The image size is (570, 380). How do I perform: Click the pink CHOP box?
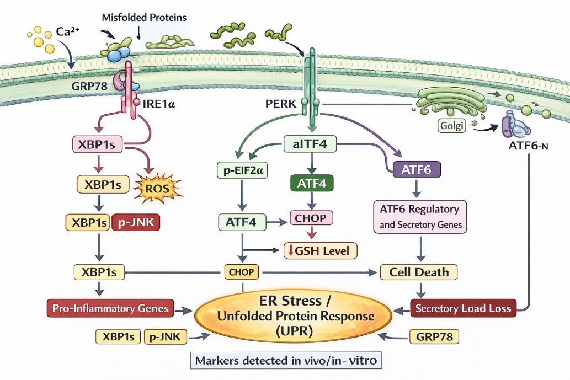(x=311, y=217)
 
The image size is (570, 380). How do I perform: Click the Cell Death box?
(x=419, y=272)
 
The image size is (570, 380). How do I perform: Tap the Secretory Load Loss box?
(x=463, y=308)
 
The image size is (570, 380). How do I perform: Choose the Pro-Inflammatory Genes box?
(x=110, y=308)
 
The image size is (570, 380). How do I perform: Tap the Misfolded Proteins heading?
(x=145, y=17)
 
